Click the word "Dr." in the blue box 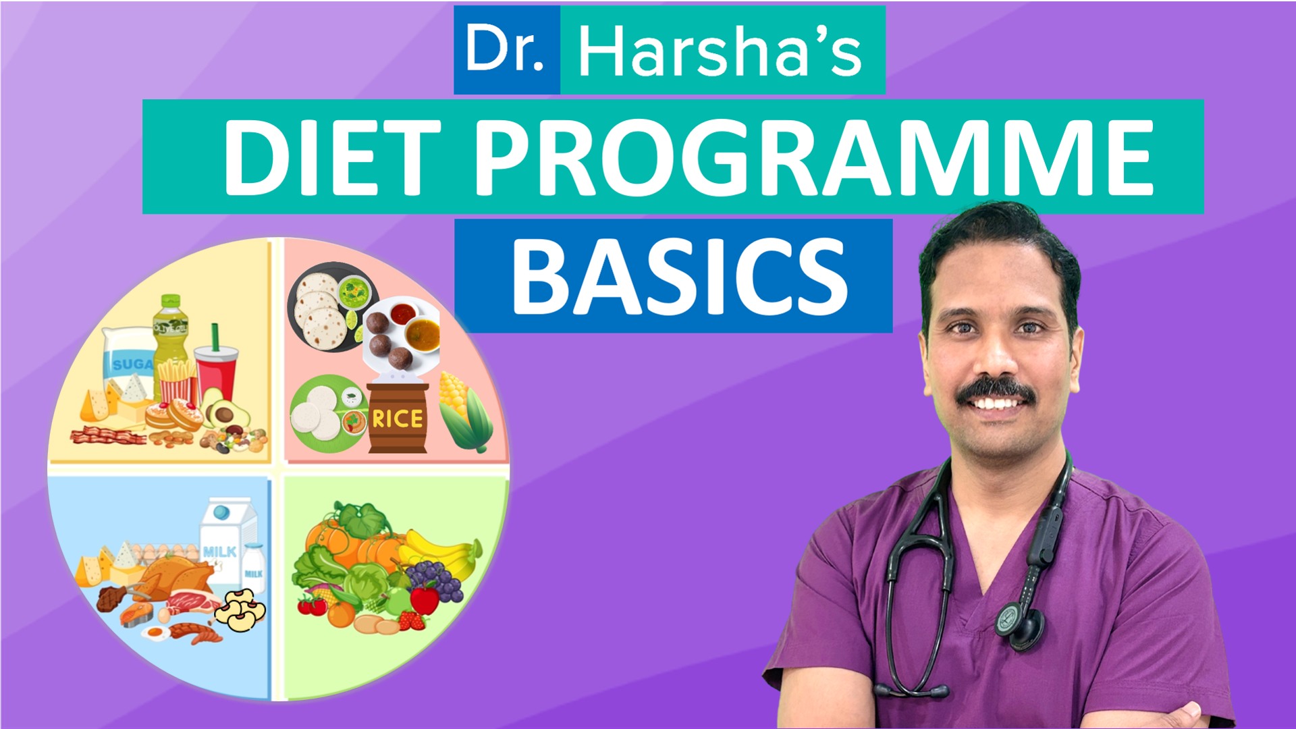(x=504, y=49)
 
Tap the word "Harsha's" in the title (x=720, y=51)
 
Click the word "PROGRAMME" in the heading (x=814, y=158)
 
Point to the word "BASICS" (x=679, y=277)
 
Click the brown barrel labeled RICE (x=398, y=418)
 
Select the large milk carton (x=227, y=540)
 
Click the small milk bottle (x=254, y=568)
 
